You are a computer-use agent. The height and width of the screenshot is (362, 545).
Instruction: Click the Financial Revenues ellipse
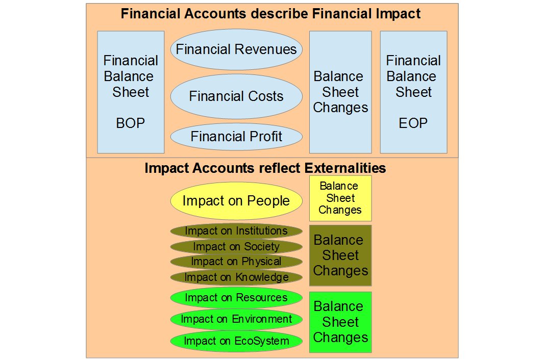click(236, 49)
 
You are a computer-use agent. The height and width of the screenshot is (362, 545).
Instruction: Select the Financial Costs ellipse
click(236, 96)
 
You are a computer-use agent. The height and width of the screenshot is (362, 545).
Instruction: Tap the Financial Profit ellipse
click(236, 137)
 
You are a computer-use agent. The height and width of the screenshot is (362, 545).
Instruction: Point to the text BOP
click(130, 123)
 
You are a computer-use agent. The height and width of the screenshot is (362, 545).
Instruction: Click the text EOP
click(413, 123)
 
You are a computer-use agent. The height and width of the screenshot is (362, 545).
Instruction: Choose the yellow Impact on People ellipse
click(236, 201)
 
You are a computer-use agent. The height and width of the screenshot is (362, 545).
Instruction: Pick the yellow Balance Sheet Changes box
click(340, 198)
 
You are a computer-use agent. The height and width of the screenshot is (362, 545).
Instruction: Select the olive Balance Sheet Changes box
click(340, 255)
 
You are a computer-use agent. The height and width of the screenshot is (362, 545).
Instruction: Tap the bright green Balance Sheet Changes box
click(340, 322)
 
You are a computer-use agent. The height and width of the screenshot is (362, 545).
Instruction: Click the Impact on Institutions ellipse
click(236, 231)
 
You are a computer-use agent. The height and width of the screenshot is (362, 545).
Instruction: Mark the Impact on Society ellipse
click(236, 247)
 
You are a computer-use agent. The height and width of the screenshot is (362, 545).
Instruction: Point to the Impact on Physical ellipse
click(236, 262)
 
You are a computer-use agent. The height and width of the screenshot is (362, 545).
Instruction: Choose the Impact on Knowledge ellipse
click(236, 277)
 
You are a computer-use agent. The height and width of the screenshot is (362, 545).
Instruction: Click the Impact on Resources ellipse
click(236, 298)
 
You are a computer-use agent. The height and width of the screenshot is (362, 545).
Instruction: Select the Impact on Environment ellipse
click(236, 319)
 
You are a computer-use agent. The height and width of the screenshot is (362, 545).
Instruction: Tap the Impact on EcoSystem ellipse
click(236, 341)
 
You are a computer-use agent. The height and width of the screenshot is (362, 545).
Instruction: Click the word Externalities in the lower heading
click(345, 168)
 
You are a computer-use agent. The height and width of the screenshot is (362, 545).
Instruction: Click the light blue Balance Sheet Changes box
click(340, 92)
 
